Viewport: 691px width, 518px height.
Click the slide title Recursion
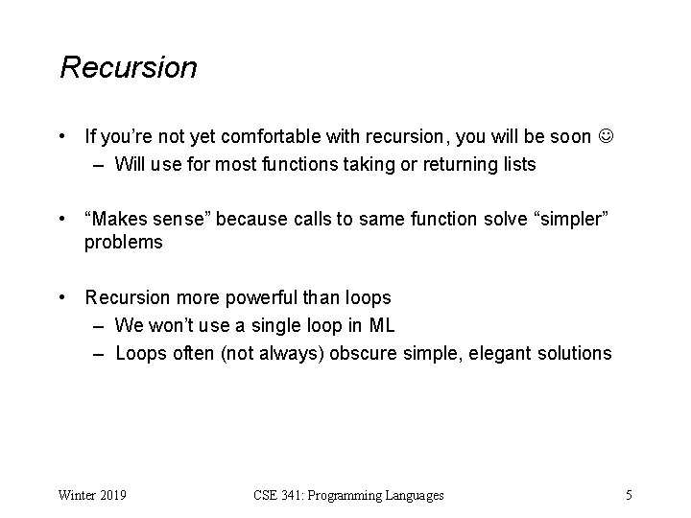(129, 68)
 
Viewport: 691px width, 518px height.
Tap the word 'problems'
(123, 243)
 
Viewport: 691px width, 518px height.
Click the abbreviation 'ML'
(381, 325)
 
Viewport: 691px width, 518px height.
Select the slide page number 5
(628, 495)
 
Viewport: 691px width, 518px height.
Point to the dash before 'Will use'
(99, 164)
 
